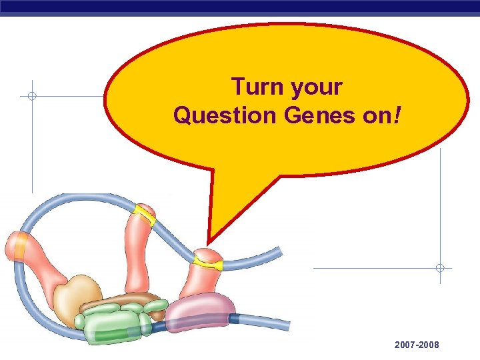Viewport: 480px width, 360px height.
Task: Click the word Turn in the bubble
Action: coord(254,87)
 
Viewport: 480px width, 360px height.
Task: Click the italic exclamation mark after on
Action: coord(398,115)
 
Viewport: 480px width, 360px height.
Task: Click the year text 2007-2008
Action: coord(417,345)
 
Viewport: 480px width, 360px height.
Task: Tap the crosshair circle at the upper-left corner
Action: coord(32,96)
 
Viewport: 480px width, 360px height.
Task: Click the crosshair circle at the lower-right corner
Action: coord(440,268)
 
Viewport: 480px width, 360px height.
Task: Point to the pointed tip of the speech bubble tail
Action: coord(209,243)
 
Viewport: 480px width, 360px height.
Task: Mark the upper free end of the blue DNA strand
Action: coord(279,252)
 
